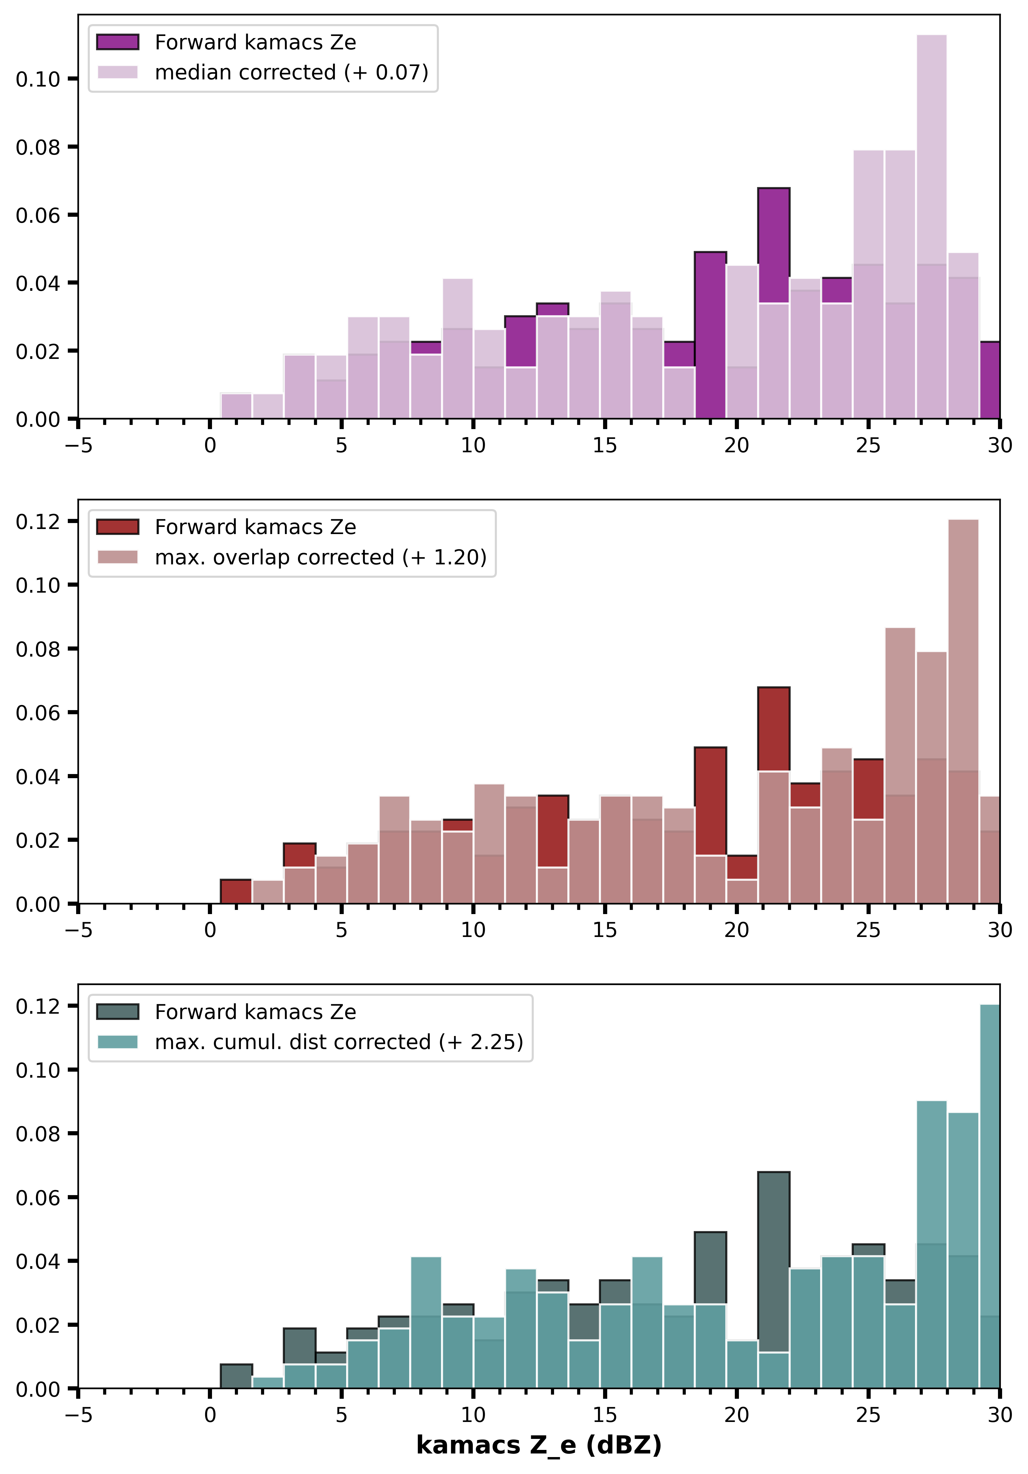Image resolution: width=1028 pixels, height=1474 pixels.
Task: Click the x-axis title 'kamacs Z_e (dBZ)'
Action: click(x=539, y=1445)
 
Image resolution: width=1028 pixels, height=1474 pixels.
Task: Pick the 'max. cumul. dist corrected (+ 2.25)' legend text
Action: click(x=339, y=1041)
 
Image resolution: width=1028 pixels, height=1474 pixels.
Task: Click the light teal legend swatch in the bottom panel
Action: click(x=117, y=1041)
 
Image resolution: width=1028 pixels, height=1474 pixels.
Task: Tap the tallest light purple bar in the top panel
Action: click(x=931, y=227)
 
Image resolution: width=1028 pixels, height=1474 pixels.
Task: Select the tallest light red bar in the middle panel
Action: click(x=963, y=711)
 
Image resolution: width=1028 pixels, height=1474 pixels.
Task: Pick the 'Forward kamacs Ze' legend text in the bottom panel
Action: click(x=255, y=1012)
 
